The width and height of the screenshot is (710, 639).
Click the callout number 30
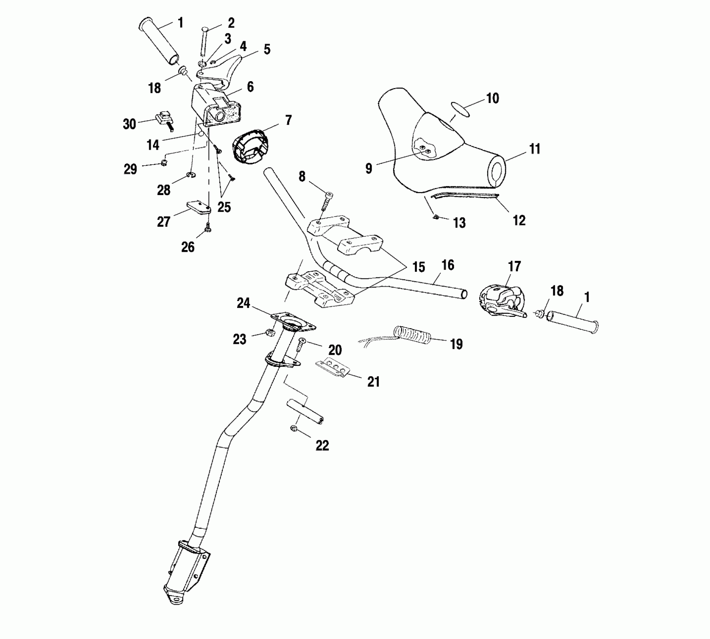coord(129,124)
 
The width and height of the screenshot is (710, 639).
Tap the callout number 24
coord(243,303)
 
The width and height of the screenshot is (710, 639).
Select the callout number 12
coord(519,220)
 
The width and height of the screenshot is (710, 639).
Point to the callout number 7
coord(288,120)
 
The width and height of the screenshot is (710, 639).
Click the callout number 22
coord(322,445)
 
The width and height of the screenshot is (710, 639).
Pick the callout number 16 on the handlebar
coord(448,265)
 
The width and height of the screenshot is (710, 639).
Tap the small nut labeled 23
coord(269,332)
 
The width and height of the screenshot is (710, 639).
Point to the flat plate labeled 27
coord(198,207)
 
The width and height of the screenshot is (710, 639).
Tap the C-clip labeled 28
coord(191,174)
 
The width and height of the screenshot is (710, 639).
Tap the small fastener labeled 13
coord(436,217)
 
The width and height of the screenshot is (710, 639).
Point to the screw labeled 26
coord(207,226)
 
